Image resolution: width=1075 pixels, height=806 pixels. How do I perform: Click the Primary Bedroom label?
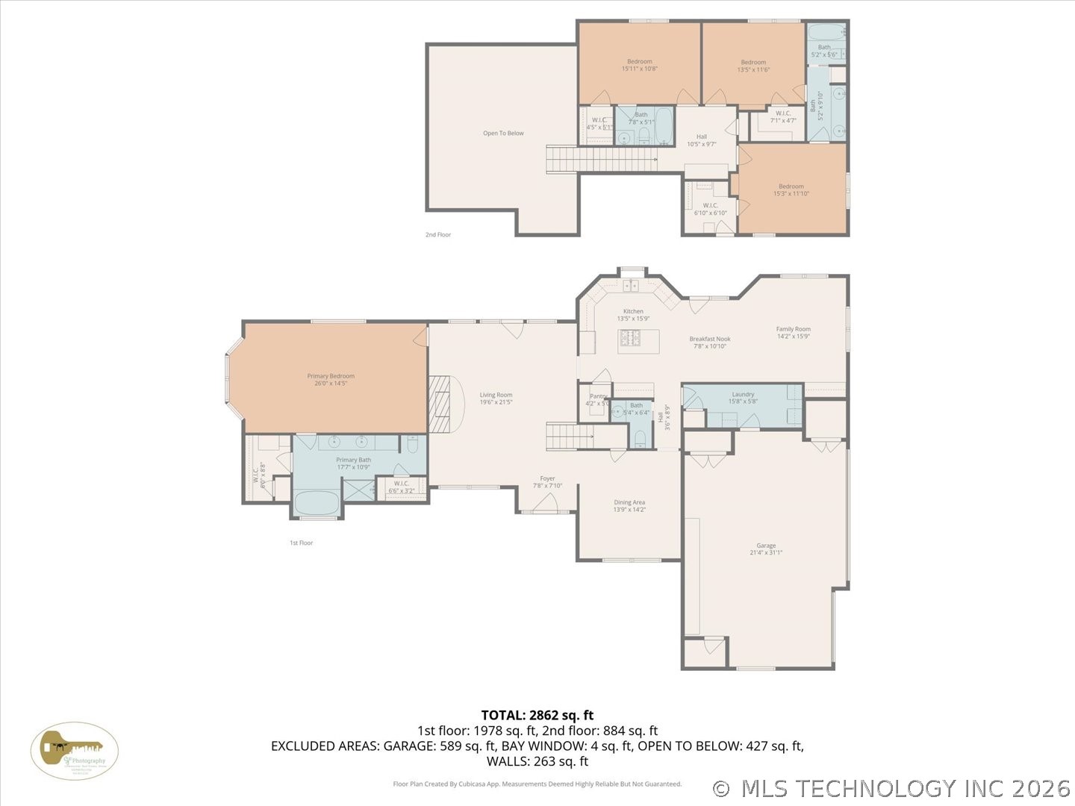[x=331, y=379]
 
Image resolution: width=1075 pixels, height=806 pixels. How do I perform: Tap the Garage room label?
[x=766, y=549]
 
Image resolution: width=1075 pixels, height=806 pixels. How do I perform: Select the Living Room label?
[x=496, y=399]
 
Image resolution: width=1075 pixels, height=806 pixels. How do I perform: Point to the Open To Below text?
[x=503, y=134]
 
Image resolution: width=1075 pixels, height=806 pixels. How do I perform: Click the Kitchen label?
[x=633, y=314]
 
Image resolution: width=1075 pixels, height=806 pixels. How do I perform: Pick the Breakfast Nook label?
[x=709, y=343]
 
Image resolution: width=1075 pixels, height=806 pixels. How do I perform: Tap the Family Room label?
[x=793, y=332]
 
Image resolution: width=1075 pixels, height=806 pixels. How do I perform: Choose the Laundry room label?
[x=743, y=397]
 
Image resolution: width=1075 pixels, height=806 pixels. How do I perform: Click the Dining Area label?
[x=629, y=506]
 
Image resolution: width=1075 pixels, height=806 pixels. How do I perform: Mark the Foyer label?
[x=548, y=482]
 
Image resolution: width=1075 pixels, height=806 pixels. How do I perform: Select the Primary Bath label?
[x=353, y=463]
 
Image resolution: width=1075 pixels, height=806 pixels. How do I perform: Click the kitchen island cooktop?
[x=629, y=340]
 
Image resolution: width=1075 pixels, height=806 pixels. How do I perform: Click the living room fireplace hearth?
[x=442, y=404]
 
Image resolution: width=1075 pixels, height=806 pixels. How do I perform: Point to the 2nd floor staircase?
[x=601, y=159]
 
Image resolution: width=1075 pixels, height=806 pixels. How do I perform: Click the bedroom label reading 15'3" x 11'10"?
[x=791, y=190]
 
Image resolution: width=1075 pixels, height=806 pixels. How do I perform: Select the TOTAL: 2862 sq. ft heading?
[x=537, y=716]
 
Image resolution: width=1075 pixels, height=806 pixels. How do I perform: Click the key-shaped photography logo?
[x=74, y=751]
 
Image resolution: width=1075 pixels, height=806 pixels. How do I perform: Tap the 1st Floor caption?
[x=301, y=543]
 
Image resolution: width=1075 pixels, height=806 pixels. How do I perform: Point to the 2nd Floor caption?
[x=438, y=234]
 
